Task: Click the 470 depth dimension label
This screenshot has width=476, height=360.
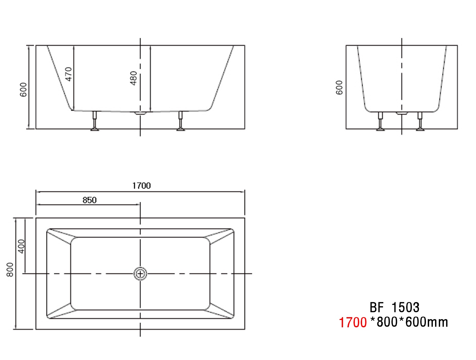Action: pyautogui.click(x=69, y=74)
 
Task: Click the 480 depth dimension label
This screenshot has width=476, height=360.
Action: pyautogui.click(x=134, y=78)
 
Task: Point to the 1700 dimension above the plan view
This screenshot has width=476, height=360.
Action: pyautogui.click(x=142, y=186)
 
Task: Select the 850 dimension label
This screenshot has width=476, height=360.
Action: pyautogui.click(x=89, y=200)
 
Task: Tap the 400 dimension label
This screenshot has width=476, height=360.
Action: pyautogui.click(x=21, y=246)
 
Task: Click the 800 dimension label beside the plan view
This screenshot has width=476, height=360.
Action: pyautogui.click(x=10, y=270)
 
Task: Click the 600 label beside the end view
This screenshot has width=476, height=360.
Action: pyautogui.click(x=339, y=87)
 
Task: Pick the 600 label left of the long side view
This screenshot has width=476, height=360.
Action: pyautogui.click(x=23, y=90)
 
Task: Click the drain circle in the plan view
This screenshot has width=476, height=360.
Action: pyautogui.click(x=140, y=274)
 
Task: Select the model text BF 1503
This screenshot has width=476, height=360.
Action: pyautogui.click(x=394, y=307)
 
